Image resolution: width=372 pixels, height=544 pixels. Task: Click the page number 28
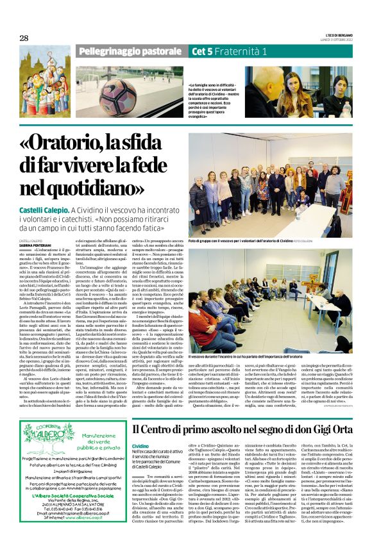(24, 38)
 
